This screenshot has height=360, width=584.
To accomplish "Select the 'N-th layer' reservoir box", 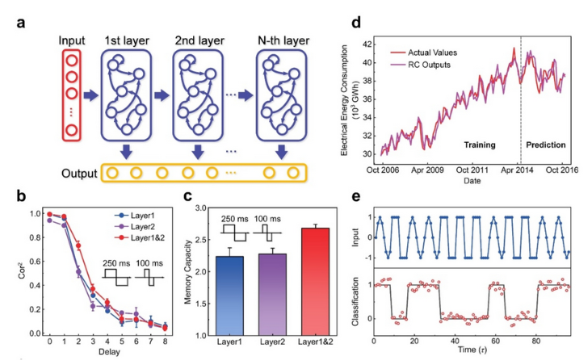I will click(x=279, y=96).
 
